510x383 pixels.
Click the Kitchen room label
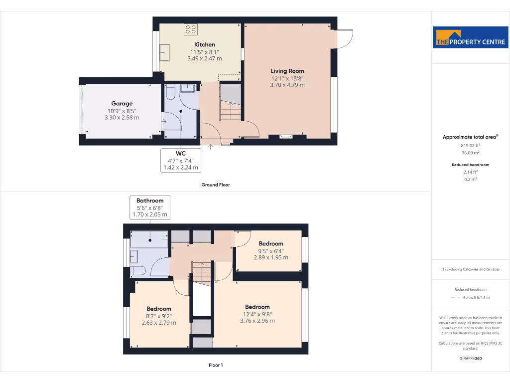point(204,45)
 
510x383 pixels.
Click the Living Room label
point(287,71)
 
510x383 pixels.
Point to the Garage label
point(122,104)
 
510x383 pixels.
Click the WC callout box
point(181,160)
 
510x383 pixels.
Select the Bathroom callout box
point(150,207)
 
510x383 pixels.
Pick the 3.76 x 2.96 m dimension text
point(257,321)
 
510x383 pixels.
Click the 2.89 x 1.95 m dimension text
point(270,257)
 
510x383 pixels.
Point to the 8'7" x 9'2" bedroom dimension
point(159,316)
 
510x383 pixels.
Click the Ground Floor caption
point(215,185)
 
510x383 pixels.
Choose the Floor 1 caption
point(215,365)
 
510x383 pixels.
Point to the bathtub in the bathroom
point(149,239)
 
